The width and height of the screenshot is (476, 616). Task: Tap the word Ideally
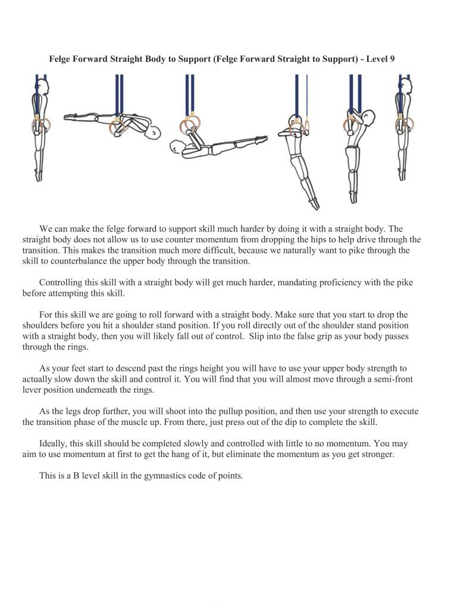(x=54, y=443)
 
